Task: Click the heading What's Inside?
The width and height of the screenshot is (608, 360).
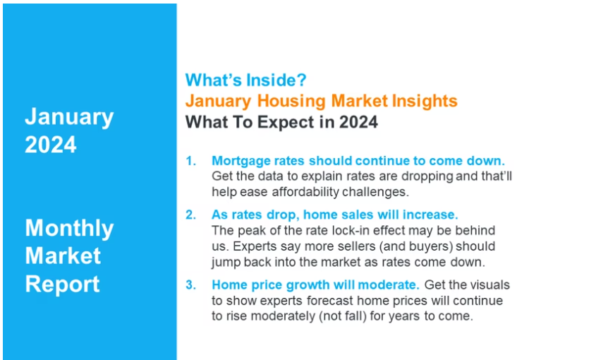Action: pos(246,80)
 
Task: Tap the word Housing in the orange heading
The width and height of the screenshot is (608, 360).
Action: pos(291,101)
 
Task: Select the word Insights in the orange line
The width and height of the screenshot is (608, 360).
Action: pos(425,101)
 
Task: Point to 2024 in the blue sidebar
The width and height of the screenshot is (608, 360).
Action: pos(51,145)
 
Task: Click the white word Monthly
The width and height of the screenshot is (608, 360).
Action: pos(69,229)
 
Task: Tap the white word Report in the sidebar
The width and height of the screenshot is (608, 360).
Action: pos(63,284)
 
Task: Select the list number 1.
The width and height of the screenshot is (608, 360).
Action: pos(190,161)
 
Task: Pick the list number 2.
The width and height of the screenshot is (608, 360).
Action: pos(190,215)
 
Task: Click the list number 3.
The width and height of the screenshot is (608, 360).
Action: pos(190,284)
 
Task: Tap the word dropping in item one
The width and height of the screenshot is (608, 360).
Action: pos(427,176)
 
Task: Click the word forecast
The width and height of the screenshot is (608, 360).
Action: pos(329,301)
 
